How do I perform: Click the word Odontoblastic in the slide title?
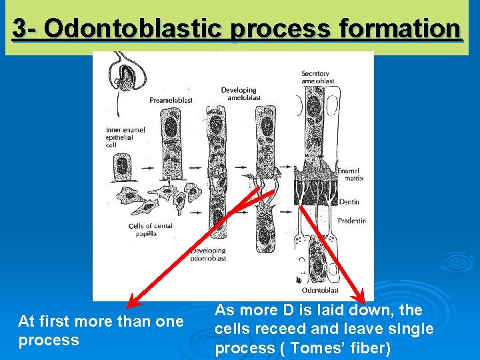point(137,29)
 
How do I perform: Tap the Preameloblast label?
point(171,100)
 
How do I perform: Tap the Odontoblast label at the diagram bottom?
point(320,290)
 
